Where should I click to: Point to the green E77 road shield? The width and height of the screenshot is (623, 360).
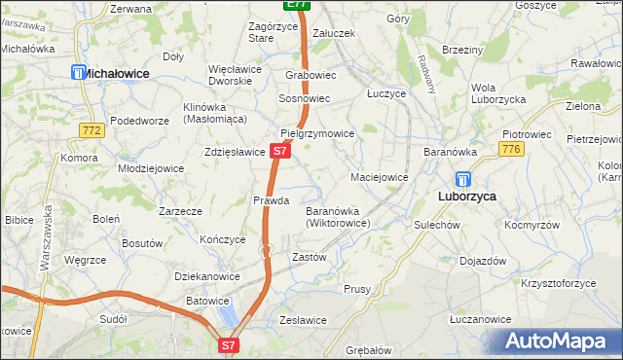tap(297, 5)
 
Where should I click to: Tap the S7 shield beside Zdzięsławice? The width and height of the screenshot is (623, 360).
tap(279, 151)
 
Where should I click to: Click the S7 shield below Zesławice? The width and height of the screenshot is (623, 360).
tap(228, 343)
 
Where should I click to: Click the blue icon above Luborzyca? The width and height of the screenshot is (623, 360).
tap(463, 180)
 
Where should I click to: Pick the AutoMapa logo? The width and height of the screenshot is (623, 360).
tap(556, 342)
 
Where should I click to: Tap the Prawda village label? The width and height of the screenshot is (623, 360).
tap(272, 200)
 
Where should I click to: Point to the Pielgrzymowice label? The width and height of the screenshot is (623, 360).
tap(316, 133)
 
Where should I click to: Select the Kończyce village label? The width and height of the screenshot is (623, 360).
tap(222, 239)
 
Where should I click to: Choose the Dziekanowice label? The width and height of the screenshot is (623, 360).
tap(207, 276)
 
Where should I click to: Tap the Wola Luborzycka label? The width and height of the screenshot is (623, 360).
tap(498, 93)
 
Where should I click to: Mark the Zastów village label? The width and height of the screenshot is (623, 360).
tap(309, 258)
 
